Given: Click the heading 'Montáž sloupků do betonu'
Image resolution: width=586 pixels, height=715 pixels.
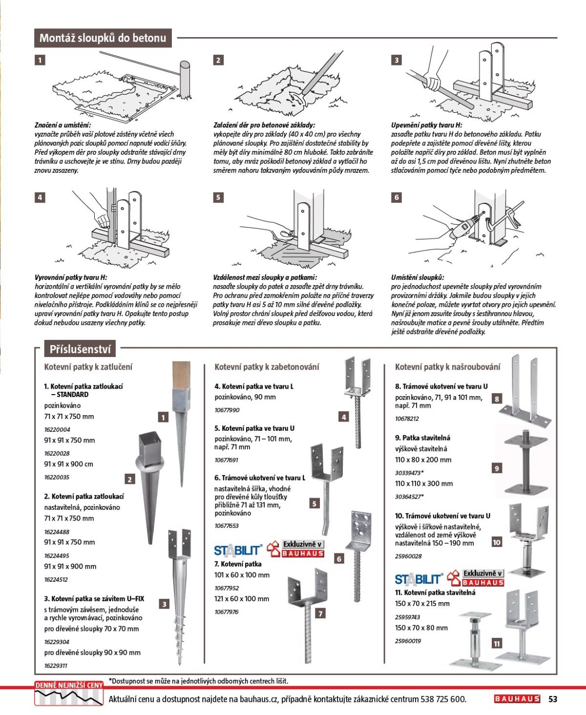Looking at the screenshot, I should pyautogui.click(x=103, y=38).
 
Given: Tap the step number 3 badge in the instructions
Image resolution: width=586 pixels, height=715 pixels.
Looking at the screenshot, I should pyautogui.click(x=396, y=60).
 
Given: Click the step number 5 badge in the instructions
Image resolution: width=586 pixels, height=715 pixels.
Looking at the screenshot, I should pyautogui.click(x=218, y=197).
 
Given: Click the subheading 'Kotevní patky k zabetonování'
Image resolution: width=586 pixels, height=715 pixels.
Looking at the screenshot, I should pyautogui.click(x=267, y=367).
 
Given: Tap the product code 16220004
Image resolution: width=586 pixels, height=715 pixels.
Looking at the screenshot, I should pyautogui.click(x=57, y=429).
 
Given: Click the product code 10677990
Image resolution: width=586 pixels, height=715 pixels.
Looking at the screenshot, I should pyautogui.click(x=227, y=410).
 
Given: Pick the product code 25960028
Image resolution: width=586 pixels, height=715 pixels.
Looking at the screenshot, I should pyautogui.click(x=408, y=556).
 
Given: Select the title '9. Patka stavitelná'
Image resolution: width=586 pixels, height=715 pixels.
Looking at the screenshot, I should pyautogui.click(x=422, y=438).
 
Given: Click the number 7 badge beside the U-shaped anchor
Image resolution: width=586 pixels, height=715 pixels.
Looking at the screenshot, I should pyautogui.click(x=320, y=614).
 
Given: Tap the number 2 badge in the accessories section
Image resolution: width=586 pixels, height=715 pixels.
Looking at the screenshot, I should pyautogui.click(x=129, y=479).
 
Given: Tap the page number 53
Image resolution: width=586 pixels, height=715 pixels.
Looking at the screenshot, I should pyautogui.click(x=553, y=699).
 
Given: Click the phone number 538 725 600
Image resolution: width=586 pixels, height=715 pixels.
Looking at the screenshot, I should pyautogui.click(x=443, y=700).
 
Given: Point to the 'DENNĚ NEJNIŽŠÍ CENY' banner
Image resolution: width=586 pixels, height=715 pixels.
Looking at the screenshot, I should pyautogui.click(x=69, y=686).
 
